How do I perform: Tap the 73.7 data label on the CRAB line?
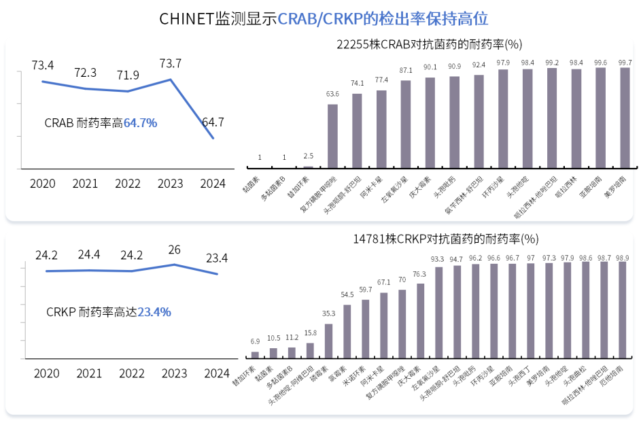(170, 64)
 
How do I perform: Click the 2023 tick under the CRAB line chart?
(170, 184)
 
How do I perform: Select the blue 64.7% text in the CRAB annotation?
(141, 123)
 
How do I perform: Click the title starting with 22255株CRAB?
(429, 45)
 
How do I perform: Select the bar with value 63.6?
(332, 135)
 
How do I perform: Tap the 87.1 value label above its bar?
(406, 70)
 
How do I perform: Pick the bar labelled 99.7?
(625, 117)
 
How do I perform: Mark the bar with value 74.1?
(357, 130)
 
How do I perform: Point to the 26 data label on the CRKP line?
(174, 250)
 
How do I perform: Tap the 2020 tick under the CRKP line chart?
(46, 373)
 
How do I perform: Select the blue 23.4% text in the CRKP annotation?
(154, 312)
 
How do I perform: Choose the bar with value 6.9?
(256, 354)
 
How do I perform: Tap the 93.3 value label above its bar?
(438, 259)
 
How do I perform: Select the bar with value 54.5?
(347, 331)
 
